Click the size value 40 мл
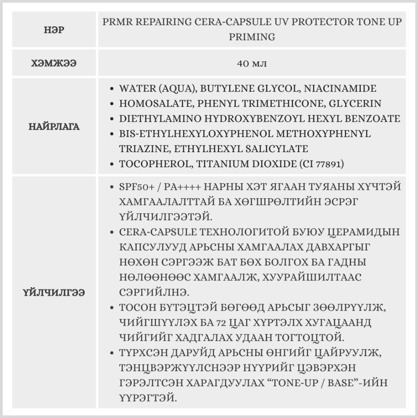(252, 64)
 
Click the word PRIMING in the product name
(252, 37)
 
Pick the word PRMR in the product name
(116, 22)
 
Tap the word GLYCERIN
(357, 104)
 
